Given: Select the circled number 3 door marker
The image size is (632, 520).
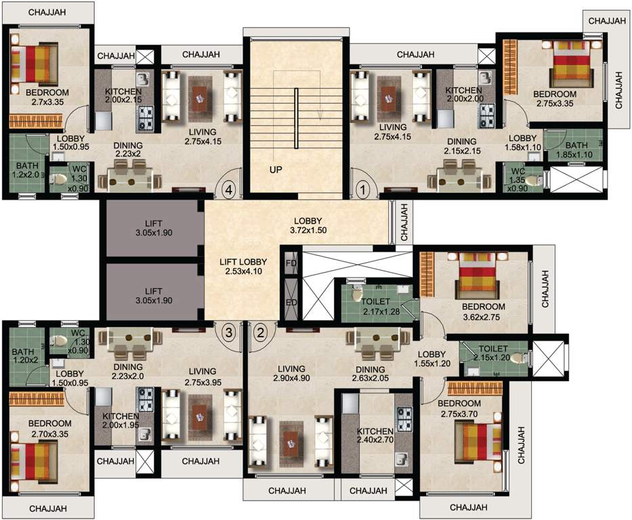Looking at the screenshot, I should pyautogui.click(x=230, y=332).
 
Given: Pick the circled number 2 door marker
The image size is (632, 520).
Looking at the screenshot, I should pyautogui.click(x=261, y=332).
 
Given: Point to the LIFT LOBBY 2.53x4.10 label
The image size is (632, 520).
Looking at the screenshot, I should pyautogui.click(x=243, y=267).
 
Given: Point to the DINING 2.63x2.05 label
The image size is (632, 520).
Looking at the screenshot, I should pyautogui.click(x=370, y=374).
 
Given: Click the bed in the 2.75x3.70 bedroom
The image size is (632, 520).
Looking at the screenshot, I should pyautogui.click(x=477, y=441).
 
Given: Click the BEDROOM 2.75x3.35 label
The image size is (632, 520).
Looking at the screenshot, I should pyautogui.click(x=553, y=99).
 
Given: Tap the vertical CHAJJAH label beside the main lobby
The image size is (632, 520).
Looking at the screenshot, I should pyautogui.click(x=404, y=223).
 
